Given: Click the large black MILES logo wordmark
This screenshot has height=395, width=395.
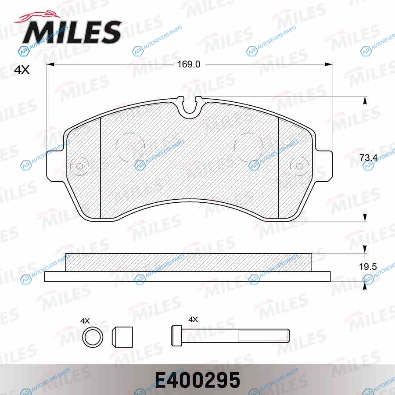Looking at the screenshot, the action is [72, 32].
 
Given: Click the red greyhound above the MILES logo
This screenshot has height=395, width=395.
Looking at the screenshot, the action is [37, 17].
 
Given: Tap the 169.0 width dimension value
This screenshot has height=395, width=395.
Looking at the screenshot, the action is [189, 64].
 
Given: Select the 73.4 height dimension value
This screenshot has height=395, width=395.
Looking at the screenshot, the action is [369, 158].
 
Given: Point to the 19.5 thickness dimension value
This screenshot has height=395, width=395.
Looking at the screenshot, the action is [368, 266].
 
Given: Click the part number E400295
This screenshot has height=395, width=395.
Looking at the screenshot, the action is [197, 380].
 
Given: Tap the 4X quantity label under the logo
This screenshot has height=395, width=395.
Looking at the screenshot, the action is [22, 70].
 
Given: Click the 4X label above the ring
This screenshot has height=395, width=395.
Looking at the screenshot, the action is [85, 321].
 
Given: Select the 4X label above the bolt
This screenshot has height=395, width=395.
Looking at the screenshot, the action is [193, 320].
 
